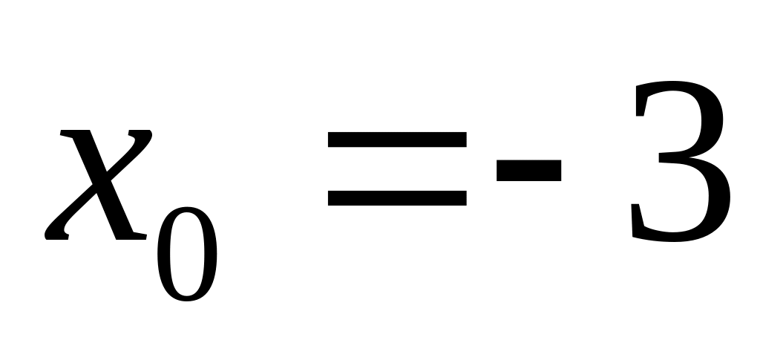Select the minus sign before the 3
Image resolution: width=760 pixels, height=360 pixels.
[528, 171]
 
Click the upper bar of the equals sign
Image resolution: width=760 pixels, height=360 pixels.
[397, 139]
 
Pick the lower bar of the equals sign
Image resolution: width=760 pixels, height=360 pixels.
[397, 198]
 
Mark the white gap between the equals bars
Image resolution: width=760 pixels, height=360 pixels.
[397, 168]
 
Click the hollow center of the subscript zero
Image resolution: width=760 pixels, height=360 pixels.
[186, 254]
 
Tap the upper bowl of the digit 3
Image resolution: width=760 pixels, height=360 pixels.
[712, 120]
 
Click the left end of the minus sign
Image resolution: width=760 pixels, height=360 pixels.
[497, 171]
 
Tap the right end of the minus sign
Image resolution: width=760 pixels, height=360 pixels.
[560, 171]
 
